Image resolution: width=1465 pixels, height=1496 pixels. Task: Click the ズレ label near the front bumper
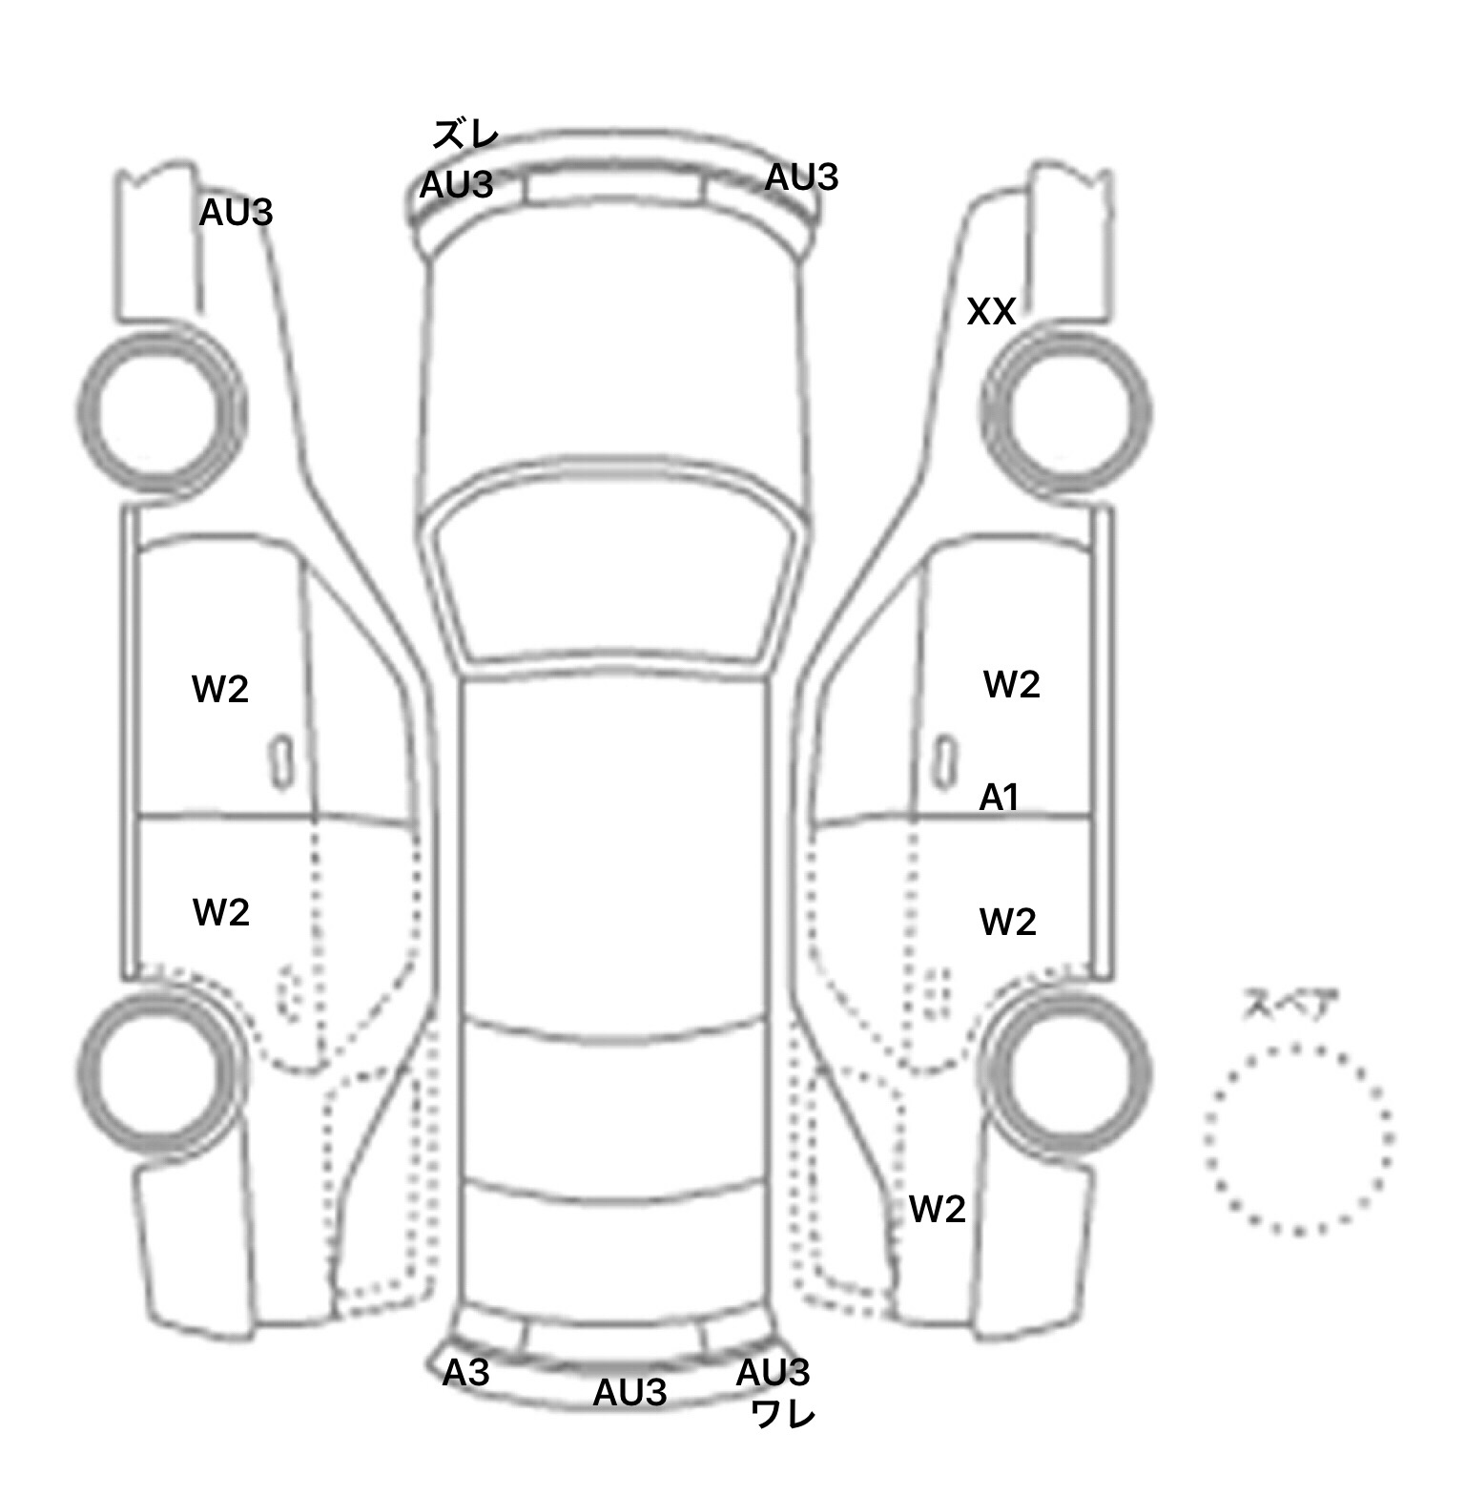tap(465, 135)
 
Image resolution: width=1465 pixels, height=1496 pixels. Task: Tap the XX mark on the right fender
tap(991, 312)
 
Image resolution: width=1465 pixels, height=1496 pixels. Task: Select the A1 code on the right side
tap(1000, 797)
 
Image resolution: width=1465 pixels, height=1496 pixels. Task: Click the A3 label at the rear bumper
tap(465, 1373)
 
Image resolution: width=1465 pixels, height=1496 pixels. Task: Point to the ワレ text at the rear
tap(783, 1414)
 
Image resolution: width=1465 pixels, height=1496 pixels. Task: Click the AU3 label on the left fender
tap(236, 213)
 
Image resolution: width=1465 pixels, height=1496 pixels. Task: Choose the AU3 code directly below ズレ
tap(456, 184)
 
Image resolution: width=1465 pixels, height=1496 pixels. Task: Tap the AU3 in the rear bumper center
tap(629, 1393)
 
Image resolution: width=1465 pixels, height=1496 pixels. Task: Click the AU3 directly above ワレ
tap(773, 1373)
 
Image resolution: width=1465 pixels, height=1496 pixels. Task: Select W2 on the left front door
tap(220, 689)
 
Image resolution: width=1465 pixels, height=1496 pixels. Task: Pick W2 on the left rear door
tap(221, 912)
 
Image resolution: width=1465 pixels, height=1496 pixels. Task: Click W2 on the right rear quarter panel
tap(937, 1209)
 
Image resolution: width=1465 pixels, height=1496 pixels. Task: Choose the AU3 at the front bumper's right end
tap(801, 177)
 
